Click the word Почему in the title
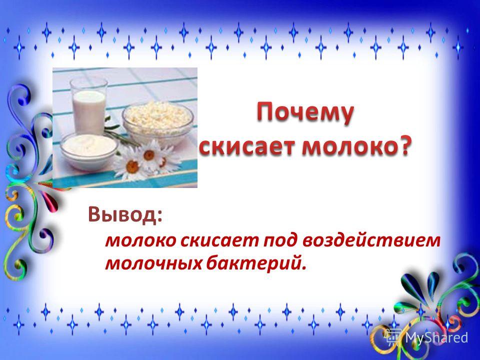[x=304, y=114]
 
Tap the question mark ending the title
[x=402, y=146]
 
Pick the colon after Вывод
[x=159, y=216]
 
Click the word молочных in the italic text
[x=153, y=263]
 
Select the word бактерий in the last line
[x=253, y=263]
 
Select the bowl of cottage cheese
[x=157, y=119]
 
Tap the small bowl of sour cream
[x=89, y=150]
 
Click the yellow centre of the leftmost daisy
[x=132, y=166]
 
